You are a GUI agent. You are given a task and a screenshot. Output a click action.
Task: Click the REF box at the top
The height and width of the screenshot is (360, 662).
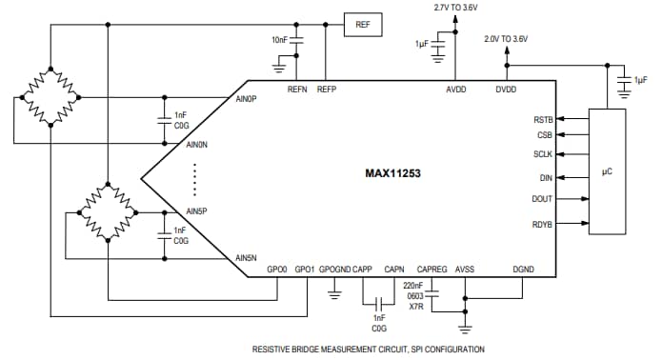(x=362, y=25)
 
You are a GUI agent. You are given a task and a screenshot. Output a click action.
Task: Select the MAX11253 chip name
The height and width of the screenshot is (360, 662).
(x=392, y=174)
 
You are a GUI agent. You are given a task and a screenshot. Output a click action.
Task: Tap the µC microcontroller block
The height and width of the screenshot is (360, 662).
(x=607, y=172)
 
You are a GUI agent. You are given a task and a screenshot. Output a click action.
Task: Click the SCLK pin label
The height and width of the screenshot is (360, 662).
(x=541, y=154)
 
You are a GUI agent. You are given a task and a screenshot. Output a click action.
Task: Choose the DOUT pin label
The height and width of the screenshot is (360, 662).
(x=541, y=199)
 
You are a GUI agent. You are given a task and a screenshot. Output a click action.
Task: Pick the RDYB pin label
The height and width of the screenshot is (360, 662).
(x=541, y=225)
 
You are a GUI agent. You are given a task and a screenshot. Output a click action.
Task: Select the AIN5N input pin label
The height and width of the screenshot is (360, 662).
(x=247, y=258)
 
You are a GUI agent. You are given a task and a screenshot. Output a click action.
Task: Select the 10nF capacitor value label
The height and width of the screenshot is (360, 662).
(x=279, y=40)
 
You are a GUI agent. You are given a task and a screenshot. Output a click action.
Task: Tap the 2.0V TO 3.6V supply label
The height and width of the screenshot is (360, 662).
(x=506, y=39)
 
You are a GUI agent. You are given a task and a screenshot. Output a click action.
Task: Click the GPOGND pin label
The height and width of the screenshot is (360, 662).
(x=334, y=270)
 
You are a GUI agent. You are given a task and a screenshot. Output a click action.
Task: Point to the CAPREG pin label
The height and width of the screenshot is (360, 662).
(x=431, y=270)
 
